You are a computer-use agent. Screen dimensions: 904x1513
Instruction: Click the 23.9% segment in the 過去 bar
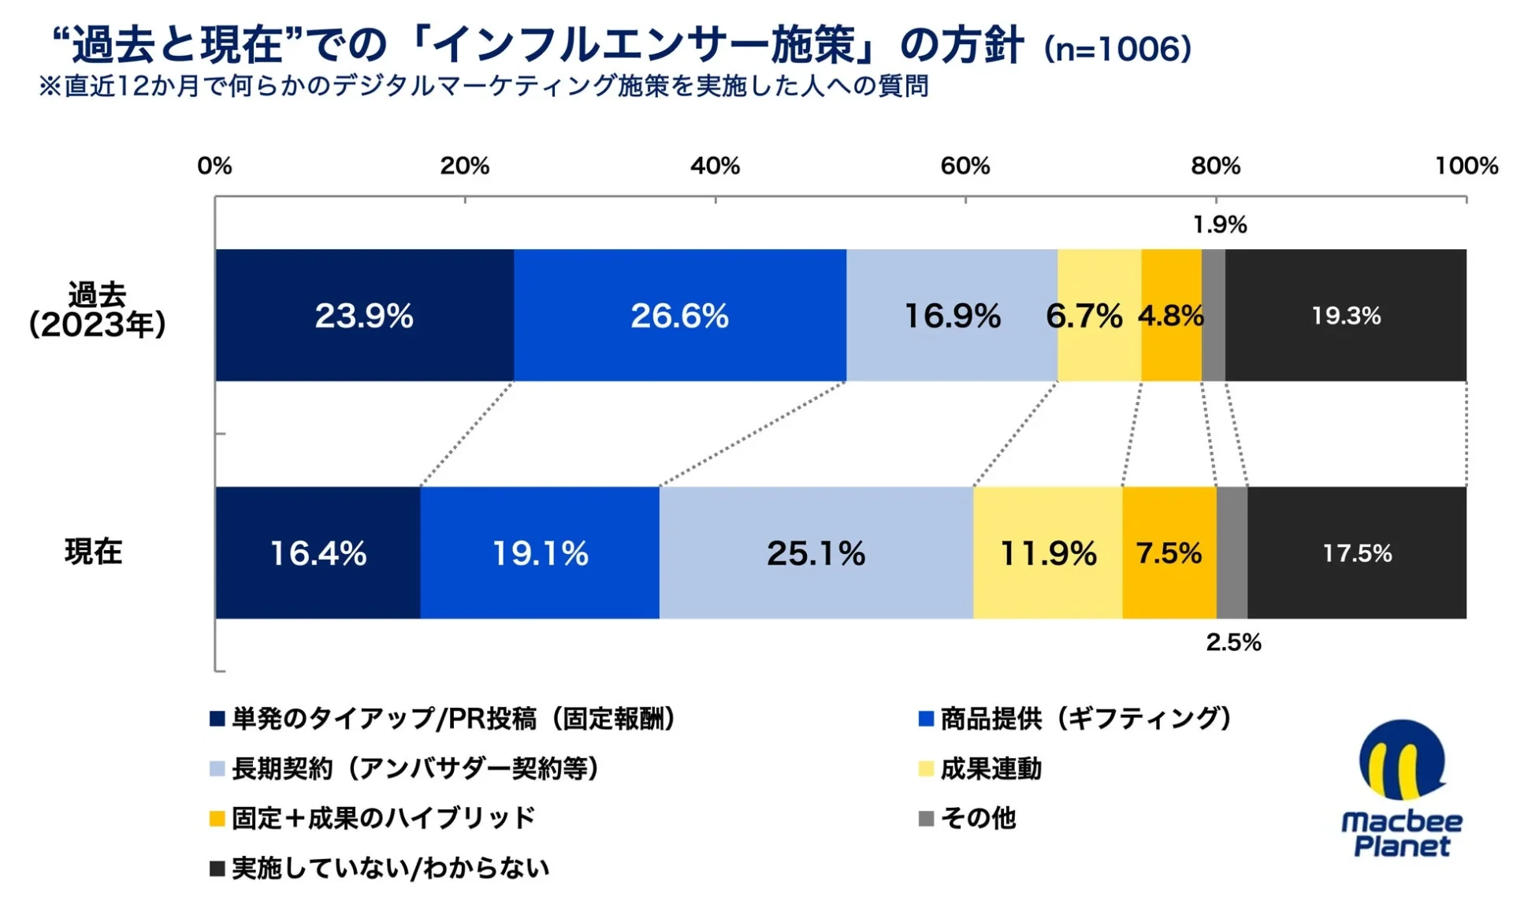pos(364,316)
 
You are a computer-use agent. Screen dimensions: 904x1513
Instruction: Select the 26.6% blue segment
pos(679,316)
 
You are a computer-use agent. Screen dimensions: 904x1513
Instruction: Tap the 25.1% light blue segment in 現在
pos(816,553)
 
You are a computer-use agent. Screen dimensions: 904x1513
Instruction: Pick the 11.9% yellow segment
pos(1047,553)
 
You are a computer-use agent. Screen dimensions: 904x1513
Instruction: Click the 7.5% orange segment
pos(1169,553)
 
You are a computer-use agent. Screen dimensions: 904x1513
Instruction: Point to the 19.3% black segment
pos(1345,316)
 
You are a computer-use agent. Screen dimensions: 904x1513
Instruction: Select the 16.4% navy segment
pos(318,553)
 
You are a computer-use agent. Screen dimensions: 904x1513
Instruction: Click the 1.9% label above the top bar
pos(1219,225)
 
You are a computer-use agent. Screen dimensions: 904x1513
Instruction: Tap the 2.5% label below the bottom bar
pos(1233,642)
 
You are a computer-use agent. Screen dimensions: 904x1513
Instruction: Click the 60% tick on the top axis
pos(965,166)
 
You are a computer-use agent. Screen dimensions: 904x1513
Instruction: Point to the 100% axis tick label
pos(1466,166)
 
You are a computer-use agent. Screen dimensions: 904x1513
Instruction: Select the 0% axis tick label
pos(214,166)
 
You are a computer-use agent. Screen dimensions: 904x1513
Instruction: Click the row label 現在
pos(93,552)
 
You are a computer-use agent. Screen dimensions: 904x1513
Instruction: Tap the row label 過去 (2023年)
pos(96,310)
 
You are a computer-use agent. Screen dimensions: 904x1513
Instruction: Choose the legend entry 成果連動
pos(990,768)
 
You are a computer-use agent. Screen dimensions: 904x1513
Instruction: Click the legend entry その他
pos(977,818)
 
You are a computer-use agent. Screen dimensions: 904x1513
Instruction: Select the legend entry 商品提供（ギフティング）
pos(1084,719)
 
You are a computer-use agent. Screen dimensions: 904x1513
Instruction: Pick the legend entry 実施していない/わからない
pos(389,868)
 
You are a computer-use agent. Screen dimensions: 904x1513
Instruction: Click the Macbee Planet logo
pos(1402,788)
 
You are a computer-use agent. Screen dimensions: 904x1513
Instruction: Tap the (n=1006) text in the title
pos(1117,49)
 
